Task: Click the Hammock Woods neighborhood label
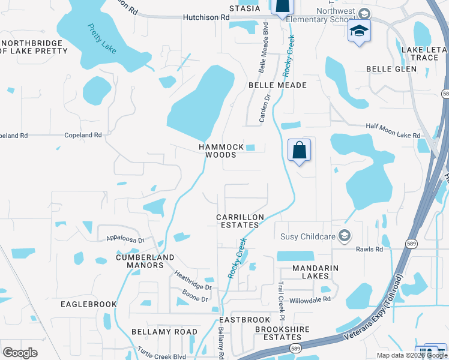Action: point(221,151)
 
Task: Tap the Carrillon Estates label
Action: point(238,220)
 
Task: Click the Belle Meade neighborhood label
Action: point(277,85)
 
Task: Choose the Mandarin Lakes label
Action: point(311,272)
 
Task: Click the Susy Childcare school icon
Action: point(344,235)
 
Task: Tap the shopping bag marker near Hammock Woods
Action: point(299,150)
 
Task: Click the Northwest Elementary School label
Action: point(320,15)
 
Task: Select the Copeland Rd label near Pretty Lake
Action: point(83,136)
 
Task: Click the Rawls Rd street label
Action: point(369,249)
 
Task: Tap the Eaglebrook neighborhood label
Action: point(88,304)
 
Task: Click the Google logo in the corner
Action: point(20,353)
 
